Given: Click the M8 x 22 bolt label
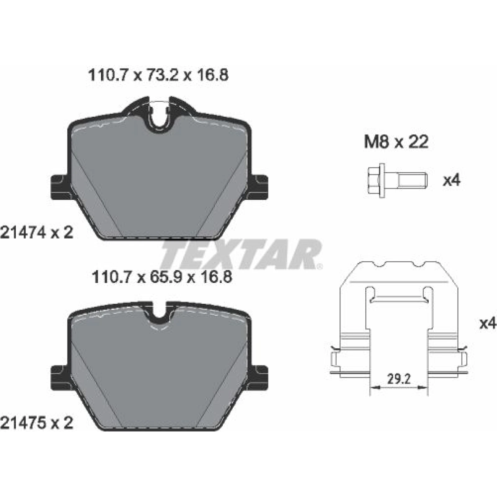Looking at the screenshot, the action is [396, 142].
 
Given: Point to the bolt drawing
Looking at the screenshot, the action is [397, 180].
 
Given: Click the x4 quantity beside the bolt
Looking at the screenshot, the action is [452, 180].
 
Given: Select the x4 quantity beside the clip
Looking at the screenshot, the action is [488, 324].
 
